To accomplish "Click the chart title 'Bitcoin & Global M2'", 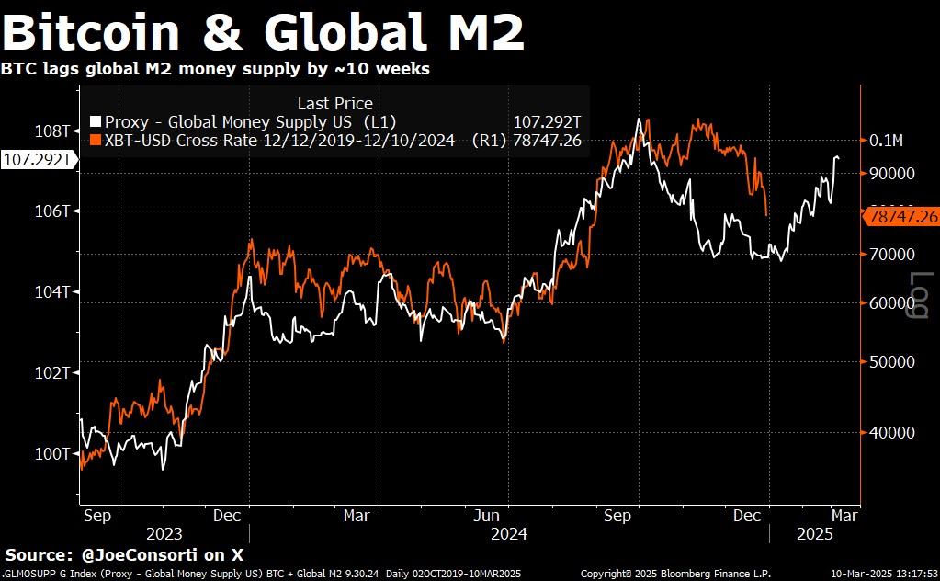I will click(264, 33).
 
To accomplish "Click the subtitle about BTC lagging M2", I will click(215, 69).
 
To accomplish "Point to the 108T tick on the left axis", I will click(54, 131).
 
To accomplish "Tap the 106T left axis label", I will click(54, 211).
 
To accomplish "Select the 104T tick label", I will click(54, 292).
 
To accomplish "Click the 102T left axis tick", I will click(54, 373).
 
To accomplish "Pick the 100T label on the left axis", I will click(54, 454).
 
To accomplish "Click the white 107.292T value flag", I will click(38, 160).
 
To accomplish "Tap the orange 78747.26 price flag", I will click(902, 217).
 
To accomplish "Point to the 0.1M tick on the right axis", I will click(886, 141).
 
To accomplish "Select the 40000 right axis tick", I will click(892, 432).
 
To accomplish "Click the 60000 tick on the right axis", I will click(892, 302).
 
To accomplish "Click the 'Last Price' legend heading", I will click(335, 104).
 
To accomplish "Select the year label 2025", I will click(814, 534).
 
